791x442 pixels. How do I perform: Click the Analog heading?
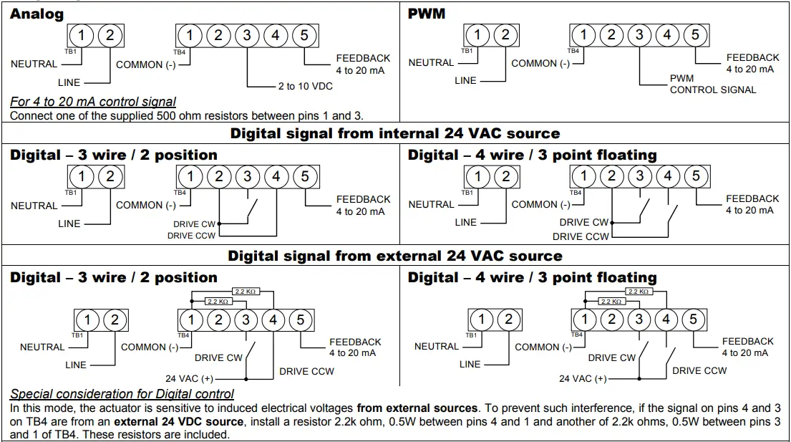[x=37, y=14]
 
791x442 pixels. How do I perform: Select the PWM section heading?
[x=427, y=14]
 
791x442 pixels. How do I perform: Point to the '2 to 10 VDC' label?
[x=306, y=87]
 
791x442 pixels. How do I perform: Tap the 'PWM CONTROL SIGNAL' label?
[x=712, y=85]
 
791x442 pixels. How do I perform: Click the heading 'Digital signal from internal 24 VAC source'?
[x=394, y=133]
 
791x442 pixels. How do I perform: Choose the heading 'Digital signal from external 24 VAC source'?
[x=394, y=256]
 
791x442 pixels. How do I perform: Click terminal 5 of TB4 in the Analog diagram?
[x=304, y=35]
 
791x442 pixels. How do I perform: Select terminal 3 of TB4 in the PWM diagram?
[x=639, y=34]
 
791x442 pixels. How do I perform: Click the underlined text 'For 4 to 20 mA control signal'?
[x=93, y=102]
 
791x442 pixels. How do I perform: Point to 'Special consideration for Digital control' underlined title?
[x=122, y=394]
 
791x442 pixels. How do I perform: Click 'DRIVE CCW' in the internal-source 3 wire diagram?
[x=193, y=236]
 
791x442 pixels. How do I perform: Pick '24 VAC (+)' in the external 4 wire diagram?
[x=583, y=378]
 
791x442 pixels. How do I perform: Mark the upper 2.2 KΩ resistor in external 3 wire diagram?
[x=246, y=292]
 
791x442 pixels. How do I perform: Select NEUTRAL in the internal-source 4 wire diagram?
[x=431, y=204]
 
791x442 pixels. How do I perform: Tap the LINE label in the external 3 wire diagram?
[x=76, y=365]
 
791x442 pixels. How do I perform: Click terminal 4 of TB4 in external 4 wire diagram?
[x=666, y=319]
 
